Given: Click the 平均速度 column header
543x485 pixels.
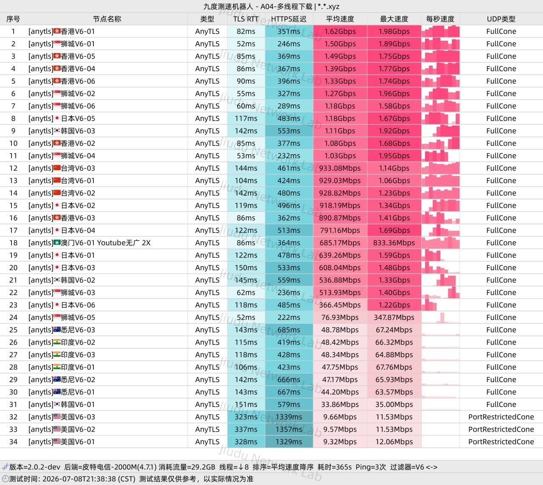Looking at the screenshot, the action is click(x=340, y=19).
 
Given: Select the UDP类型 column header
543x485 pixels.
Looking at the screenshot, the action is click(x=501, y=19).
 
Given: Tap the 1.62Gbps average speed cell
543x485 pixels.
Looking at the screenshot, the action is click(x=340, y=31).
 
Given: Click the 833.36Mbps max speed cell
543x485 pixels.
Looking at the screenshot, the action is click(x=394, y=243).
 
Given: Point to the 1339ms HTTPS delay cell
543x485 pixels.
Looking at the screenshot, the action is click(x=289, y=417).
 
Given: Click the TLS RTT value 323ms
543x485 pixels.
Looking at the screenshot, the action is click(x=246, y=417).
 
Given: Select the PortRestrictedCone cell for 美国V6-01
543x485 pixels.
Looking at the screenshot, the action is click(x=501, y=442).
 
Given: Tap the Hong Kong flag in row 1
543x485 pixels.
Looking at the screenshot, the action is click(x=57, y=31).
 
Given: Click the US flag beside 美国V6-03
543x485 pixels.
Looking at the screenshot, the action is click(x=57, y=417).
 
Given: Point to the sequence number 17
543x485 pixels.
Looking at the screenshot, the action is click(x=14, y=230).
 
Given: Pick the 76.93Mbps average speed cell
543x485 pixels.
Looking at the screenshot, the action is click(x=340, y=317).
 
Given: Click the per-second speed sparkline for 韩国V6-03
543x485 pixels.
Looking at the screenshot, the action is click(x=440, y=131).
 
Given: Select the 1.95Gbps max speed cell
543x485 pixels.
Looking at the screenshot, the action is click(x=394, y=156).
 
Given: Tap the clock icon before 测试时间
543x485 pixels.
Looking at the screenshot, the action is click(x=5, y=479).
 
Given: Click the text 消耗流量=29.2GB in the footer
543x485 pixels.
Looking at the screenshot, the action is click(x=187, y=467).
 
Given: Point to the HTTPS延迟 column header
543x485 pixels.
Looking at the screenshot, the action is click(x=288, y=19).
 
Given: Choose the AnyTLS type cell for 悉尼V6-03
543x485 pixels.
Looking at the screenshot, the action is click(x=207, y=330).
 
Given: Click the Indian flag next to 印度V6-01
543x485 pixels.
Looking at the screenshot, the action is click(x=57, y=367).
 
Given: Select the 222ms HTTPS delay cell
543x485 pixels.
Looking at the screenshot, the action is click(x=289, y=317).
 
